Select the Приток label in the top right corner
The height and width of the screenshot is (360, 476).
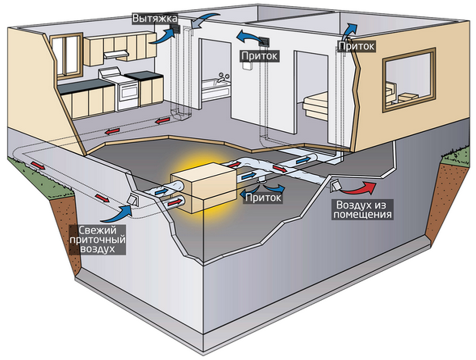point(356,46)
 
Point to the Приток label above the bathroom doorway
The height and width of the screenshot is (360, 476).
point(259,54)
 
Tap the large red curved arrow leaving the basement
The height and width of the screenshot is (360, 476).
point(361,188)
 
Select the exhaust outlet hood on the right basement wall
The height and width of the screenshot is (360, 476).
point(336,186)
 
